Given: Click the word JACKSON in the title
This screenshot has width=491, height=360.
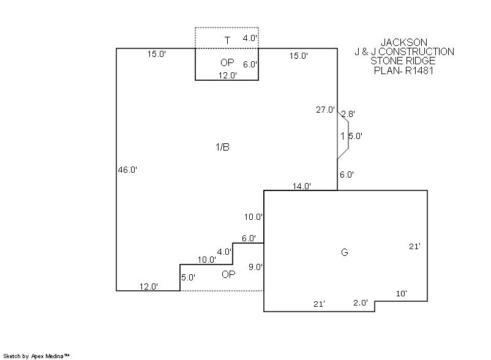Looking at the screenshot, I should (404, 42).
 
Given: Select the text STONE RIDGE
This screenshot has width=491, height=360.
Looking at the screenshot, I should (403, 61).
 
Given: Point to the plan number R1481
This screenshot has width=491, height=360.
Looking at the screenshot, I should (418, 70).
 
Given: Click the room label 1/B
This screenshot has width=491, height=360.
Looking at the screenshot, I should (222, 147).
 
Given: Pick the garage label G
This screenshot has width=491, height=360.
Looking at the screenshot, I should (344, 252).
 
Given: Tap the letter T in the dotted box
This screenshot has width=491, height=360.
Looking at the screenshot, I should (227, 40).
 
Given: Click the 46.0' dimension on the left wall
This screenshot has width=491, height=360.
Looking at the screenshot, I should (127, 170).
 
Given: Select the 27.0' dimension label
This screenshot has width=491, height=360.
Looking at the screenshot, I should (325, 110).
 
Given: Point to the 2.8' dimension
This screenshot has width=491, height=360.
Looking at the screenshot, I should (348, 114).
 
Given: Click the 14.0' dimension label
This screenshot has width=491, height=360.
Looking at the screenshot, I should (302, 186).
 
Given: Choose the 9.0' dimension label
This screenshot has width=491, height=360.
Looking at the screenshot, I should (256, 267).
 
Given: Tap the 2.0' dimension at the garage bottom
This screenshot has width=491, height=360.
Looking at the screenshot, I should (361, 303).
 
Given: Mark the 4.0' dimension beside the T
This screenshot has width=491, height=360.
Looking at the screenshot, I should (250, 38).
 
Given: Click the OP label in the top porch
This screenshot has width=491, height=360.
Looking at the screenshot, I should (227, 63).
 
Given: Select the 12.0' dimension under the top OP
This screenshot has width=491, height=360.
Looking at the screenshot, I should (228, 75).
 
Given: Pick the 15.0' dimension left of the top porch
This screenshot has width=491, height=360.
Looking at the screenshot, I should (156, 54).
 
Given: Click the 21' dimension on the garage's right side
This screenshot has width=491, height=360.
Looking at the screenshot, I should (414, 246).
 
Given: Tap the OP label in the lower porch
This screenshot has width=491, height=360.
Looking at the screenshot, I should (228, 274).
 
